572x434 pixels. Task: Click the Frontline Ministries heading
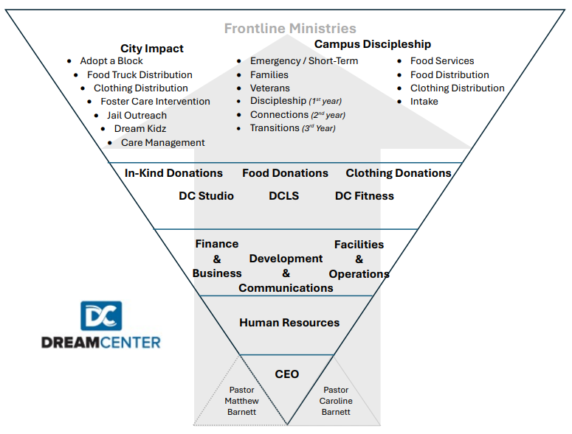point(290,29)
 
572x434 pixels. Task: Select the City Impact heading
point(152,49)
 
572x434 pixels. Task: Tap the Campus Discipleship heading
point(373,44)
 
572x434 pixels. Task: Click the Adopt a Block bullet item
point(111,61)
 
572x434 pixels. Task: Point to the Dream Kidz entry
point(140,129)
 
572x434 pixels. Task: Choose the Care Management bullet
point(162,143)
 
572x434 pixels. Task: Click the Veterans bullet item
point(270,88)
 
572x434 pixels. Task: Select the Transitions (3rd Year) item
point(292,128)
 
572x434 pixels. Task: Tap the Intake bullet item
point(424,102)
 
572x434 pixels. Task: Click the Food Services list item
point(442,61)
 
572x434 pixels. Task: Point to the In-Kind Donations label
point(173,173)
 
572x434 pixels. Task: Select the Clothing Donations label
point(399,173)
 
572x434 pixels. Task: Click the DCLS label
point(284,196)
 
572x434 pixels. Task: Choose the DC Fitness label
point(365,196)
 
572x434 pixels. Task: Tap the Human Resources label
point(289,323)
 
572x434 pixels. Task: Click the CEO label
point(287,374)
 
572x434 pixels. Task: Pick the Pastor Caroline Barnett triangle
point(336,400)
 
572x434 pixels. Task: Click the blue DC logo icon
point(101,315)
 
